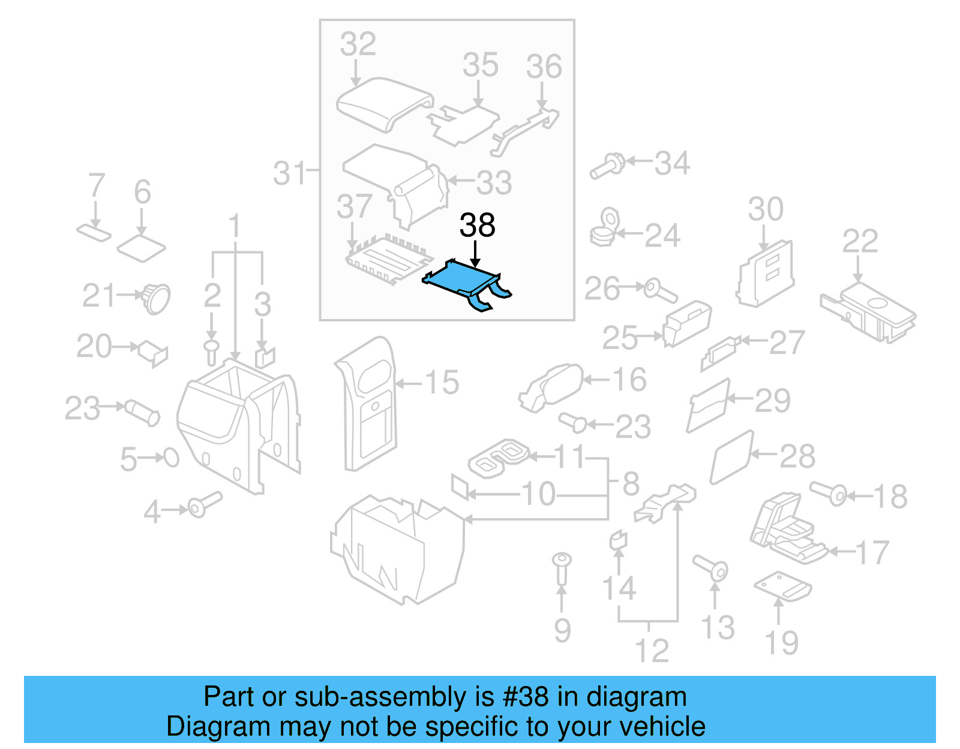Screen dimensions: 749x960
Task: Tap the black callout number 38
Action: [x=477, y=225]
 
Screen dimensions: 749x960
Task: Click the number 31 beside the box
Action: [x=289, y=173]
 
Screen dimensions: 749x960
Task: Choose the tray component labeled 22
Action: [x=867, y=312]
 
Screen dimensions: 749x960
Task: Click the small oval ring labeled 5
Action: [x=172, y=458]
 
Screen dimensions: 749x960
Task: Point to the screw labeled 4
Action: [x=204, y=504]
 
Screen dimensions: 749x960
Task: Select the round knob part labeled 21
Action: [x=156, y=297]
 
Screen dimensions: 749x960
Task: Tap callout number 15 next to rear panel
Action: [x=442, y=382]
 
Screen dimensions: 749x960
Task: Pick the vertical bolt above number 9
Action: [x=562, y=567]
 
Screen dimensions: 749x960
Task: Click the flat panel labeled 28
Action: [x=731, y=457]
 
